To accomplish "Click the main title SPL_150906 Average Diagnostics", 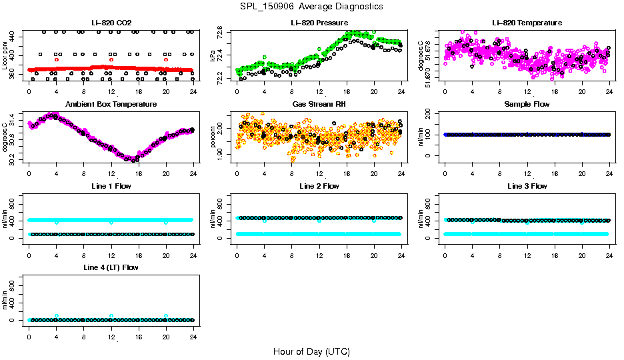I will click(x=312, y=6).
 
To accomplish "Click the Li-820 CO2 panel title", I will click(x=111, y=23).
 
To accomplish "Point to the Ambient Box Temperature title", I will click(x=111, y=104).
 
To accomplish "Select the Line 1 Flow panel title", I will click(x=111, y=186).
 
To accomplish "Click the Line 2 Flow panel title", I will click(x=319, y=186).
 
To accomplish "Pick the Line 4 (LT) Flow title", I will click(x=111, y=267).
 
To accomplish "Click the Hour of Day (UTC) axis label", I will click(x=311, y=351).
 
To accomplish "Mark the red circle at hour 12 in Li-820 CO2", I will click(x=111, y=60).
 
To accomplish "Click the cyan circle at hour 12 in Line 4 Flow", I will click(x=111, y=316).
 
